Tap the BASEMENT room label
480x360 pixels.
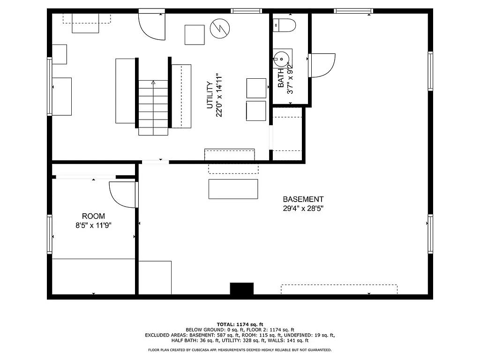coord(303,199)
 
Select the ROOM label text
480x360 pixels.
coord(93,216)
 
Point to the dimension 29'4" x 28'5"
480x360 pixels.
coord(303,209)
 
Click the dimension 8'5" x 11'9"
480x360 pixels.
coord(93,225)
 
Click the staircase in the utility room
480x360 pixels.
coord(153,108)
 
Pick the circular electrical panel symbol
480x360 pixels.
coord(219,28)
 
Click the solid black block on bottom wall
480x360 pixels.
coord(241,289)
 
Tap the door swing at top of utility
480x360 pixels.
coord(152,27)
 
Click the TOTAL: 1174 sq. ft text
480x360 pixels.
coord(240,324)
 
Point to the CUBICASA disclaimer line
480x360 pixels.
coord(240,350)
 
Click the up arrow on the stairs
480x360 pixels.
coord(153,82)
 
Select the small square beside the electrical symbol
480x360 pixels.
coord(195,35)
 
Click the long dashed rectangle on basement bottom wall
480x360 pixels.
coord(339,289)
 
